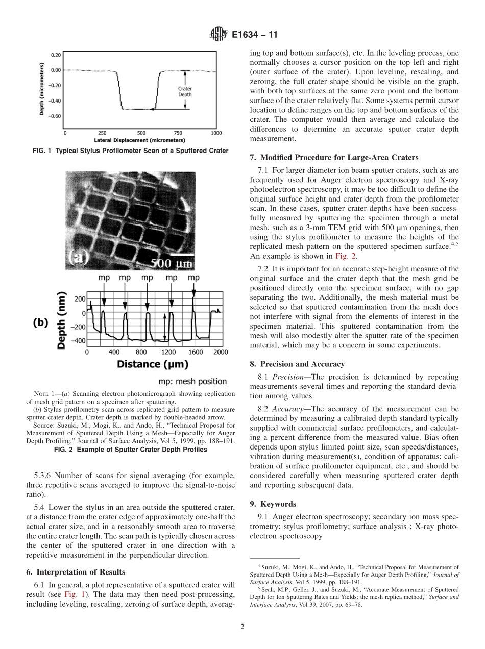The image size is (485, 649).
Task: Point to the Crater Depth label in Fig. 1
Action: tap(185, 91)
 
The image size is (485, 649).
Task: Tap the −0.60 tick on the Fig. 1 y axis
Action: tap(54, 116)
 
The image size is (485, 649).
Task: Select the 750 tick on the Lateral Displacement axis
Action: tap(178, 133)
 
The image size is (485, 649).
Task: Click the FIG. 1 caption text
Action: tap(134, 151)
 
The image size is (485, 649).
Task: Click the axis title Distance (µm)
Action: tap(153, 364)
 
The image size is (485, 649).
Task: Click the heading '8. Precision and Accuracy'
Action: tap(297, 364)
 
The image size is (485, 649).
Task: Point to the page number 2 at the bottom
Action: tap(243, 627)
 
